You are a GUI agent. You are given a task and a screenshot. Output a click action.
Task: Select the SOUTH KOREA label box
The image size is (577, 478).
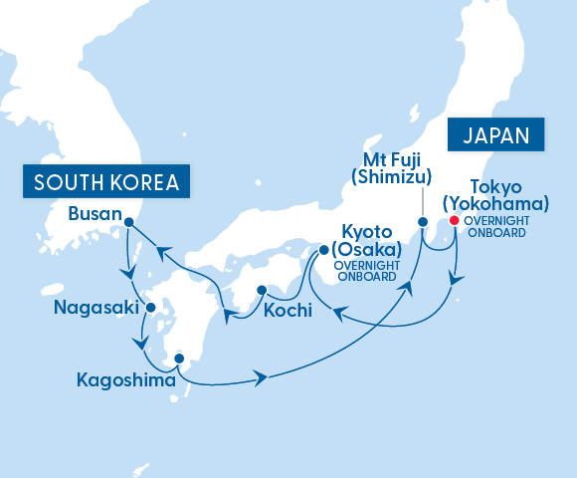click(106, 182)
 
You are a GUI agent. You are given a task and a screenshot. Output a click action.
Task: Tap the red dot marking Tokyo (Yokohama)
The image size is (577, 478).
click(454, 221)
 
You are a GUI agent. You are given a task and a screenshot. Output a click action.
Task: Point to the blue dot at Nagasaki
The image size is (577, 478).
click(150, 308)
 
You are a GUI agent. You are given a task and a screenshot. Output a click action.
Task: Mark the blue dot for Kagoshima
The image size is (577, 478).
click(179, 358)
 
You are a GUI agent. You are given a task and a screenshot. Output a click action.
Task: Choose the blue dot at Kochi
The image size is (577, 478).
click(261, 291)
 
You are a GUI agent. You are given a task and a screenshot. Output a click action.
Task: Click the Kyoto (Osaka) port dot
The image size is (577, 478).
click(323, 251)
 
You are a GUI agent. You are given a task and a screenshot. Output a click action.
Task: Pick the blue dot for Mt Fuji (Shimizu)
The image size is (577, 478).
click(422, 221)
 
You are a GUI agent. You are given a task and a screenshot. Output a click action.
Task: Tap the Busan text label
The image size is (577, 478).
click(96, 214)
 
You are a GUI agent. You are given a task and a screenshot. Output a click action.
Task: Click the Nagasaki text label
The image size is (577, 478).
click(96, 309)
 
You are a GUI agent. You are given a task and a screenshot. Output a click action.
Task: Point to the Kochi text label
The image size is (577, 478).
click(288, 311)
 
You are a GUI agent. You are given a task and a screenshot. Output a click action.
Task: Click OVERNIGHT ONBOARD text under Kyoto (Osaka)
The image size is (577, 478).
click(366, 272)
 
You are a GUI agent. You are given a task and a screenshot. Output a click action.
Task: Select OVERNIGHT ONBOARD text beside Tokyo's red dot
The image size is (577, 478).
click(497, 226)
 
